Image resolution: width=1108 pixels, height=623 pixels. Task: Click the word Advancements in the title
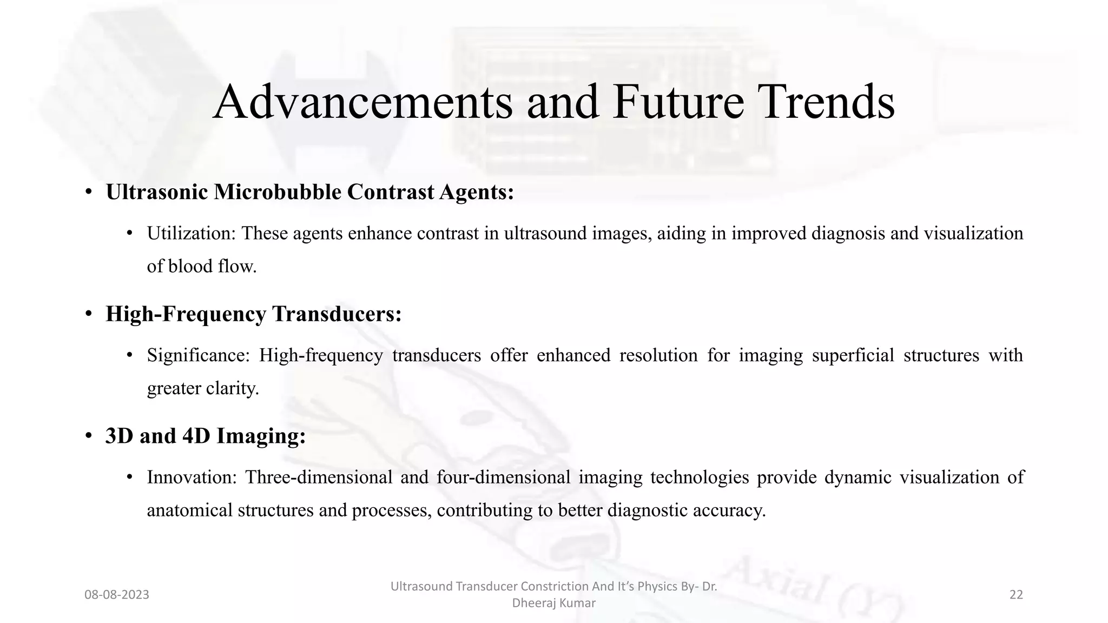[x=362, y=103]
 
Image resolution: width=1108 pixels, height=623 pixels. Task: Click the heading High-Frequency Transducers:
[x=253, y=314]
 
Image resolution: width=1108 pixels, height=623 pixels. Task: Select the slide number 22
[x=1016, y=595]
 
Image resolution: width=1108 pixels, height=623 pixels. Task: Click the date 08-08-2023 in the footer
[x=117, y=595]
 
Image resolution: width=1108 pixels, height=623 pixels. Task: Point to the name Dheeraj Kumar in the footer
[x=553, y=603]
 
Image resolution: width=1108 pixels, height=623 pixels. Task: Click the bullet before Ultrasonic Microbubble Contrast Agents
[x=88, y=193]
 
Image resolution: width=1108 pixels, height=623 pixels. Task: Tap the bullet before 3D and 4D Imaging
[x=88, y=436]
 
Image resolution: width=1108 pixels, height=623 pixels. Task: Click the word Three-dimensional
[x=319, y=478]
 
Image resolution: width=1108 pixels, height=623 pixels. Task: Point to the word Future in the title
[x=678, y=103]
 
